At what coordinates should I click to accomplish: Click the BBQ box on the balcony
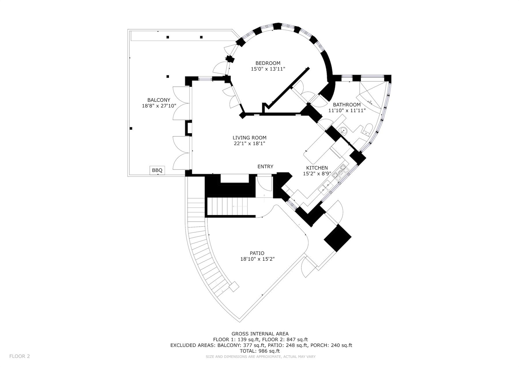(157, 170)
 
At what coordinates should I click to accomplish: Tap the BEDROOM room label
(268, 63)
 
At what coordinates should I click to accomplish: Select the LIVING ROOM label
(249, 138)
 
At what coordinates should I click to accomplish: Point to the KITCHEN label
(317, 168)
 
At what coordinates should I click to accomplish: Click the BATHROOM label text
(347, 105)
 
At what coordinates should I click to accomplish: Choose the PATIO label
(257, 253)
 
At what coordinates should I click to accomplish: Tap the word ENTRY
(265, 167)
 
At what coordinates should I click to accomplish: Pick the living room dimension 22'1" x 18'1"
(249, 144)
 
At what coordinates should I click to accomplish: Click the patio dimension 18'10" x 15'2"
(257, 259)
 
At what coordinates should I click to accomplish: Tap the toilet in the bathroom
(367, 129)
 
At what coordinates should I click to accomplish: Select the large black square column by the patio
(338, 238)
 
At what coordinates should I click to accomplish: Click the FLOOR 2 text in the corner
(20, 356)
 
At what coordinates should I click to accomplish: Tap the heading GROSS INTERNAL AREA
(260, 334)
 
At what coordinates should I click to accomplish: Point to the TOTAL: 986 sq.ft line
(260, 351)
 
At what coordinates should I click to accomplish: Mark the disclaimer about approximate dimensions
(261, 357)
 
